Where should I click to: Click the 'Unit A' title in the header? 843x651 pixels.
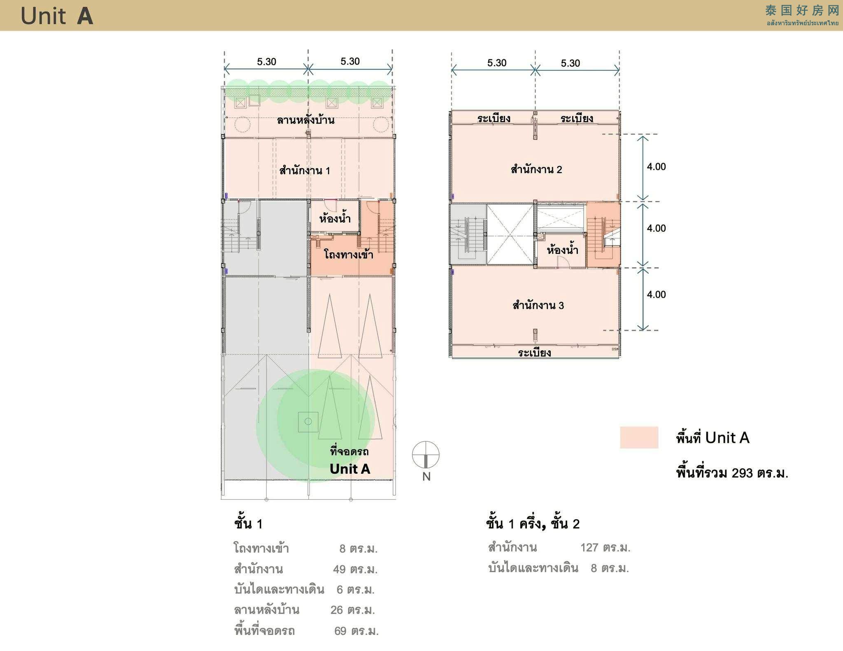click(x=57, y=16)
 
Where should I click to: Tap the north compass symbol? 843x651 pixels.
click(x=426, y=455)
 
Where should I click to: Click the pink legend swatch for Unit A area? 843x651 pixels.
click(x=639, y=437)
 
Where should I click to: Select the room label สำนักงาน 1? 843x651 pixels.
click(x=305, y=170)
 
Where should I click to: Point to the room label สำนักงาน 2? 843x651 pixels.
click(x=536, y=169)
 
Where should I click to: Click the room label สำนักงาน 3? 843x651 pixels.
click(x=538, y=305)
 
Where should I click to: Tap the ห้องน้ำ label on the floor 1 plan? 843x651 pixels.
click(x=335, y=218)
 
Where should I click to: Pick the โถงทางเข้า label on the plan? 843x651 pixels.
click(x=349, y=254)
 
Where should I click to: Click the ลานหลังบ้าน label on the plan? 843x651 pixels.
click(x=305, y=120)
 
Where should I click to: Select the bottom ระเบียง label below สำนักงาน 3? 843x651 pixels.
click(x=535, y=352)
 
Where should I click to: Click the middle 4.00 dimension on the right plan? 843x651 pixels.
click(x=656, y=228)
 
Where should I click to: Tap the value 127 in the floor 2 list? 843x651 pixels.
click(x=589, y=547)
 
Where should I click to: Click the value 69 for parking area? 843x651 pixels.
click(x=340, y=631)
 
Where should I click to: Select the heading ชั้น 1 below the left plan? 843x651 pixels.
click(x=248, y=524)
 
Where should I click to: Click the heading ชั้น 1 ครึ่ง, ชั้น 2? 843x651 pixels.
click(x=533, y=524)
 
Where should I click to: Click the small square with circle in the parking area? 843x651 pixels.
click(x=308, y=422)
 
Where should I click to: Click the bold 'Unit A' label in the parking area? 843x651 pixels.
click(x=350, y=469)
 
